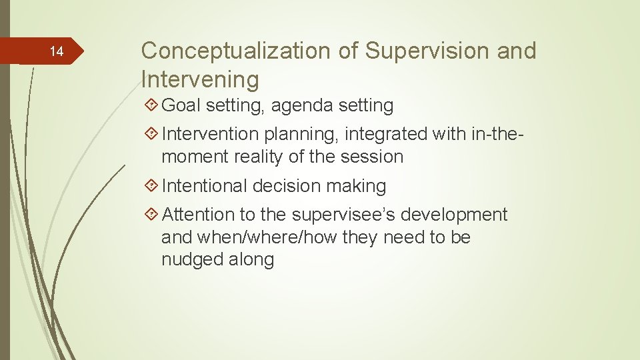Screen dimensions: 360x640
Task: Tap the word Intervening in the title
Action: (200, 79)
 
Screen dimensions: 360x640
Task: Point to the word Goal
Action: (181, 105)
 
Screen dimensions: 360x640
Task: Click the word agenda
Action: (301, 105)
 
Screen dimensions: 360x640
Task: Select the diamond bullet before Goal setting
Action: (151, 105)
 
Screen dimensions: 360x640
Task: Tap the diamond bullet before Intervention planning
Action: (151, 134)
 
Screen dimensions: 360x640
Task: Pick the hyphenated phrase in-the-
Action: (492, 134)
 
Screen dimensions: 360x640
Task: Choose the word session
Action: (373, 157)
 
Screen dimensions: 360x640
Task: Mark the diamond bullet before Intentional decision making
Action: (151, 186)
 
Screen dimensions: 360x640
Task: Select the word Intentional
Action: (205, 186)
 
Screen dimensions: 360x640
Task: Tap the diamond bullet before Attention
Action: (151, 215)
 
